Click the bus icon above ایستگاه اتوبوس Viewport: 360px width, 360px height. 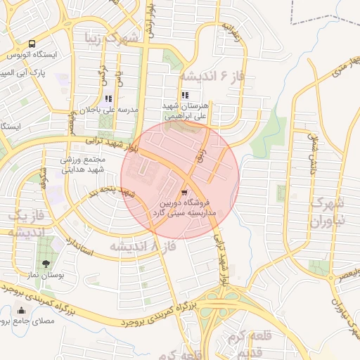[x=32, y=44]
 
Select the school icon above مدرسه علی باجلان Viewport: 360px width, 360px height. [x=108, y=99]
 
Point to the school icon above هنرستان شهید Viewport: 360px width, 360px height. [x=184, y=95]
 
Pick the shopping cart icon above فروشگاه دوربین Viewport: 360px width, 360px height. [x=184, y=193]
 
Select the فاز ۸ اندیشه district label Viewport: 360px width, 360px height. [x=141, y=246]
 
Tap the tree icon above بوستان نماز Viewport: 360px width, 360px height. [x=46, y=264]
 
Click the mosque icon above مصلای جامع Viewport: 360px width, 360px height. [x=21, y=311]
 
